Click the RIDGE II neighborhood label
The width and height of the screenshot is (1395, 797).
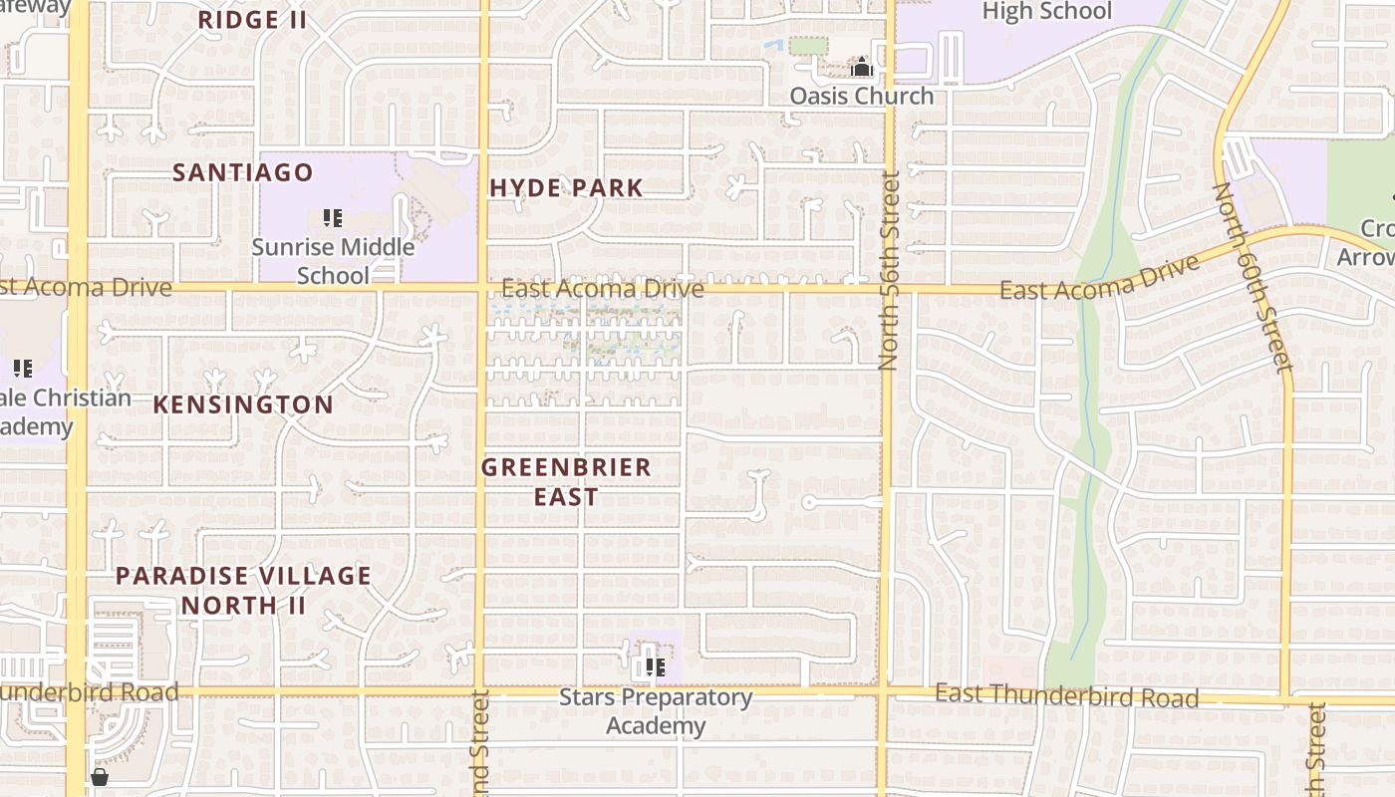pos(252,20)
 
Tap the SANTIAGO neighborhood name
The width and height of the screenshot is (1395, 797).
pos(243,172)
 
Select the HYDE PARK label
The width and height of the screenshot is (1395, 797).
pos(566,187)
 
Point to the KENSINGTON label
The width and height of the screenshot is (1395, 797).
pos(243,404)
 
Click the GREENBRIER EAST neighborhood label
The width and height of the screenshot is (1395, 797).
pos(566,481)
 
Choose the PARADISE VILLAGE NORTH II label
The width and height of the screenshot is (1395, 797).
pos(243,590)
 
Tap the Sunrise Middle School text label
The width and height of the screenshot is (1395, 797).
pos(333,261)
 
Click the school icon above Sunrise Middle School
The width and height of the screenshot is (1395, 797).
pos(333,217)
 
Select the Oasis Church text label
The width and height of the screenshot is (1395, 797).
pos(862,96)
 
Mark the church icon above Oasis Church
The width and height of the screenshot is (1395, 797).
pos(862,68)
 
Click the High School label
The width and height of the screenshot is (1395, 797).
pos(1046,12)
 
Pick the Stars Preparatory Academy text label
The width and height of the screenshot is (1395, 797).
pos(656,711)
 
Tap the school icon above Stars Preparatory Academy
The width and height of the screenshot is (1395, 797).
pos(655,666)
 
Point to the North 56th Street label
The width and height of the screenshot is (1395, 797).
pos(889,271)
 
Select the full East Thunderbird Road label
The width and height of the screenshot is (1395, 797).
pos(1066,695)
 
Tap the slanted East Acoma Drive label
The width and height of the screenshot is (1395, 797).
pos(1099,279)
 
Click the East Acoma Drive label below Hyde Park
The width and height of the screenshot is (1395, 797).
pos(602,289)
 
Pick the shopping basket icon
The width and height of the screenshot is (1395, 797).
pos(100,777)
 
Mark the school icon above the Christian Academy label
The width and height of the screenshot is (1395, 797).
pos(23,369)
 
